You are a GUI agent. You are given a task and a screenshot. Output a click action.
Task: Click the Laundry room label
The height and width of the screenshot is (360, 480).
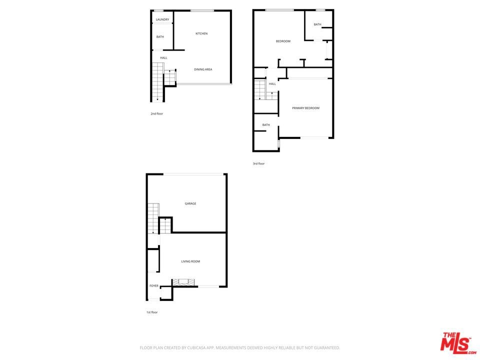pyautogui.click(x=162, y=19)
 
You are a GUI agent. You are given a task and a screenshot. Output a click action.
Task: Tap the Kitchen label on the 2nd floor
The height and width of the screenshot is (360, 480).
pyautogui.click(x=201, y=33)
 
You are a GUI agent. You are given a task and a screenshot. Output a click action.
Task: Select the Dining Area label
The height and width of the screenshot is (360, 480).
pyautogui.click(x=203, y=69)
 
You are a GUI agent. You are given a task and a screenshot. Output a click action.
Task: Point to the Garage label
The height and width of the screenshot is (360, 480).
pyautogui.click(x=190, y=203)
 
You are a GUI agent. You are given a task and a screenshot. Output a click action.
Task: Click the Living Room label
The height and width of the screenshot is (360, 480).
pyautogui.click(x=190, y=261)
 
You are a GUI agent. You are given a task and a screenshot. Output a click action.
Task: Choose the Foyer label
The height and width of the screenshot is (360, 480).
pyautogui.click(x=153, y=286)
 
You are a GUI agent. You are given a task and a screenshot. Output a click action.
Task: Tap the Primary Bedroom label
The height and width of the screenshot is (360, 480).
pyautogui.click(x=305, y=108)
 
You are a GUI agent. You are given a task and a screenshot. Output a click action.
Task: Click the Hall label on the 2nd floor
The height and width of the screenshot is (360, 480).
pyautogui.click(x=163, y=58)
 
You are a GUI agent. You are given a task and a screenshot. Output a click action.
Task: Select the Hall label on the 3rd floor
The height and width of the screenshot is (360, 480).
pyautogui.click(x=272, y=84)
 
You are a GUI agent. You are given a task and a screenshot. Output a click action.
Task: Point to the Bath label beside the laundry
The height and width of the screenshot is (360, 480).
pyautogui.click(x=160, y=36)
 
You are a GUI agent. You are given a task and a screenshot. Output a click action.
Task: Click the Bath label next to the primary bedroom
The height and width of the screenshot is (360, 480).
pyautogui.click(x=266, y=125)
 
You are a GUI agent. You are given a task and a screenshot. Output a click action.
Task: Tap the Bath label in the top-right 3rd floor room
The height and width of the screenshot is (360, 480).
pyautogui.click(x=317, y=24)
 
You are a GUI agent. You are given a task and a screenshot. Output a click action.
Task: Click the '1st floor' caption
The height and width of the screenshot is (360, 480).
pyautogui.click(x=152, y=312)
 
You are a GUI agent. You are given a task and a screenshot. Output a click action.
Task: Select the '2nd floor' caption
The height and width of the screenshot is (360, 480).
pyautogui.click(x=156, y=113)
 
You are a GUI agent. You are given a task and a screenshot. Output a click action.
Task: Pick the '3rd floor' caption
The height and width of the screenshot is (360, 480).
pyautogui.click(x=258, y=163)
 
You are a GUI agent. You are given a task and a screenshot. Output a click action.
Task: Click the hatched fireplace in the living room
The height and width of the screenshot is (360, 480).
pyautogui.click(x=183, y=282)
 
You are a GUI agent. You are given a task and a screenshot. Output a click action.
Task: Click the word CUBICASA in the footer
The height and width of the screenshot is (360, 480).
pyautogui.click(x=197, y=348)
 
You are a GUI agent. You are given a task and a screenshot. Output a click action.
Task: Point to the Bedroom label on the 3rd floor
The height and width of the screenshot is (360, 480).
pyautogui.click(x=283, y=41)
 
